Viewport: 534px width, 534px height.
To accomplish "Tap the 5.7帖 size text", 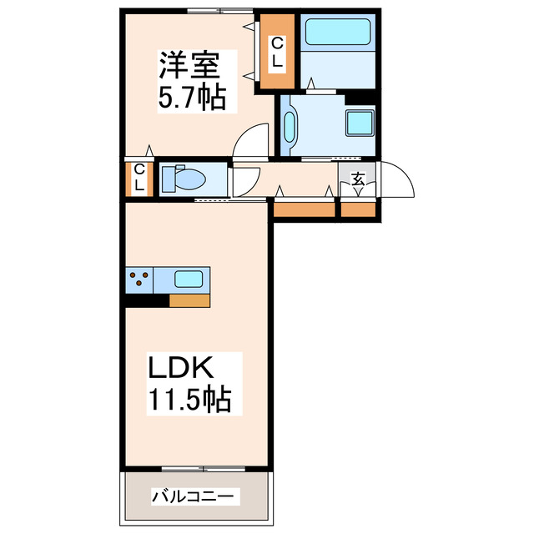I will click(x=193, y=98).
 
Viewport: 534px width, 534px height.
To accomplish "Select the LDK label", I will click(x=183, y=368).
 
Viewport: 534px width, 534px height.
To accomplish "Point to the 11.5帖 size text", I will click(x=189, y=400).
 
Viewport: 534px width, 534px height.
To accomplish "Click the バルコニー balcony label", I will click(x=195, y=497).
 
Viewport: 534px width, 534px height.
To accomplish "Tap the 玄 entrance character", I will click(x=358, y=178).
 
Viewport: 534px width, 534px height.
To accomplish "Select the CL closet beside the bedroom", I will click(x=275, y=53).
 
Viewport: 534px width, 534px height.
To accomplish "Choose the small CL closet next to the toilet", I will click(x=138, y=179).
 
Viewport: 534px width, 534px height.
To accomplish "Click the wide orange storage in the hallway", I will click(x=304, y=209).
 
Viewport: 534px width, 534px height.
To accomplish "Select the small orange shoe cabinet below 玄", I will click(x=359, y=209).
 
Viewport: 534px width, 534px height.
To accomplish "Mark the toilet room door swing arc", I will click(x=246, y=182).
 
